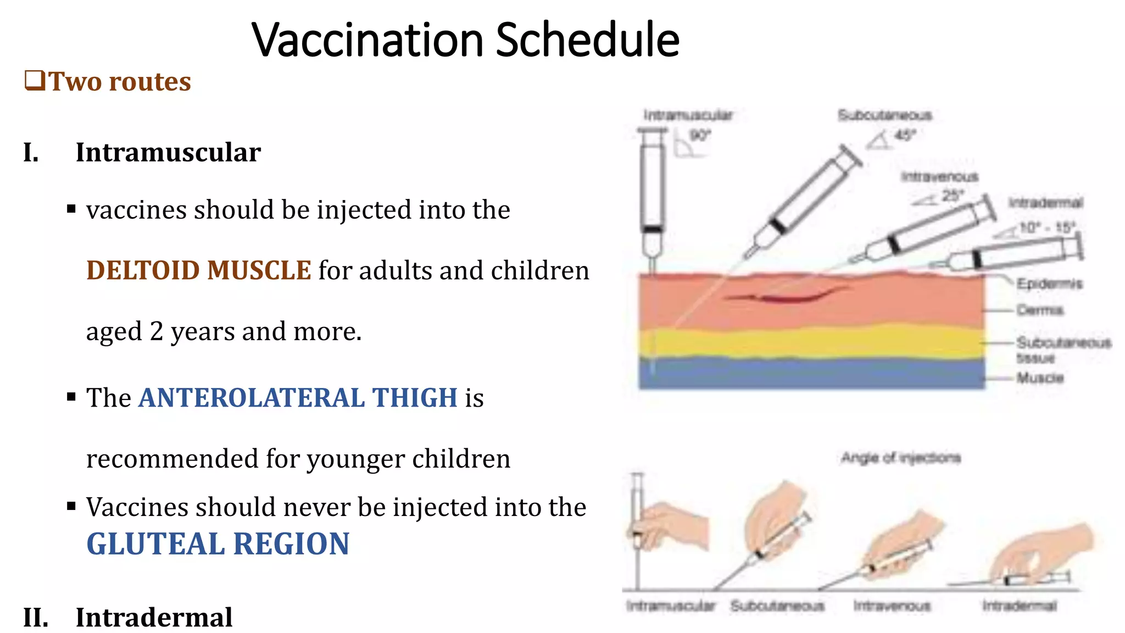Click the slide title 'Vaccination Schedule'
465,40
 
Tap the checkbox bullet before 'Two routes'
35,81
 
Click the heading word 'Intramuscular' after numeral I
168,152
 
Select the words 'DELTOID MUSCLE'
199,270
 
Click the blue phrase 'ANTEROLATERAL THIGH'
298,397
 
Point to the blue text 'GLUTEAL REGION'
218,544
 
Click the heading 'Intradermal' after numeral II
154,617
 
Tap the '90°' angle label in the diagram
700,135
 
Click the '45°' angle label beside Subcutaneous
905,135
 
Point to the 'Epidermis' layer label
1049,284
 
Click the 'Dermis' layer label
1039,310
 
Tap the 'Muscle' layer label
1040,377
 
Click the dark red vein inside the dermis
786,298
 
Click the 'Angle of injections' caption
901,458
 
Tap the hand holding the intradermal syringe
1044,552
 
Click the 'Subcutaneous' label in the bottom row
777,606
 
